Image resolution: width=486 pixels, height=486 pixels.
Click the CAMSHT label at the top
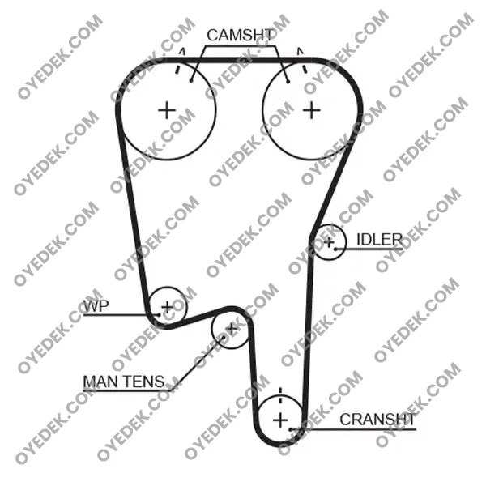point(241,36)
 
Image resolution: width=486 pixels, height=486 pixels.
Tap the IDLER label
point(379,239)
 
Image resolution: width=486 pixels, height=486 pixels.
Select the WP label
point(96,306)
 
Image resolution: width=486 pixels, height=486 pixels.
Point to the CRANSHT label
point(377,420)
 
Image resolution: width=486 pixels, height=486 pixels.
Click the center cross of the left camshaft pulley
point(167,110)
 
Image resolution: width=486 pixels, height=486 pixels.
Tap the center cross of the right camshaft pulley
point(312,110)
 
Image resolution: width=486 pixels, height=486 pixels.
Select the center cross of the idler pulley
point(329,241)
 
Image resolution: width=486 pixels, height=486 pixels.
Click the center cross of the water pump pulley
point(168,307)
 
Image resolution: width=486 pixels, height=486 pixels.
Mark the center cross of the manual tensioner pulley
point(231,329)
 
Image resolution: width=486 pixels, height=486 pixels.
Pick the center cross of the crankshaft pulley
point(280,420)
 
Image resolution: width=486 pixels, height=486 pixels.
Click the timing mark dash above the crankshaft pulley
point(280,395)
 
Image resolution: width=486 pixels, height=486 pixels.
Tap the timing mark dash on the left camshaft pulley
point(177,69)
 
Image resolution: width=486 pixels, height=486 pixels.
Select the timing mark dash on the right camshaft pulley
point(305,69)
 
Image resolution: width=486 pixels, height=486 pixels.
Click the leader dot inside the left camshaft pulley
point(191,81)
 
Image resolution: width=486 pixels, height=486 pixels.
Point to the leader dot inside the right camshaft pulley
point(288,82)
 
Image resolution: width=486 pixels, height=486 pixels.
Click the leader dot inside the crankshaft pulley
point(291,429)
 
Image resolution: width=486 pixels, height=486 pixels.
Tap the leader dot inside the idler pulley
point(335,249)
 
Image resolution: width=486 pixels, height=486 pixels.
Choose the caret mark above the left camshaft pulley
point(182,52)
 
